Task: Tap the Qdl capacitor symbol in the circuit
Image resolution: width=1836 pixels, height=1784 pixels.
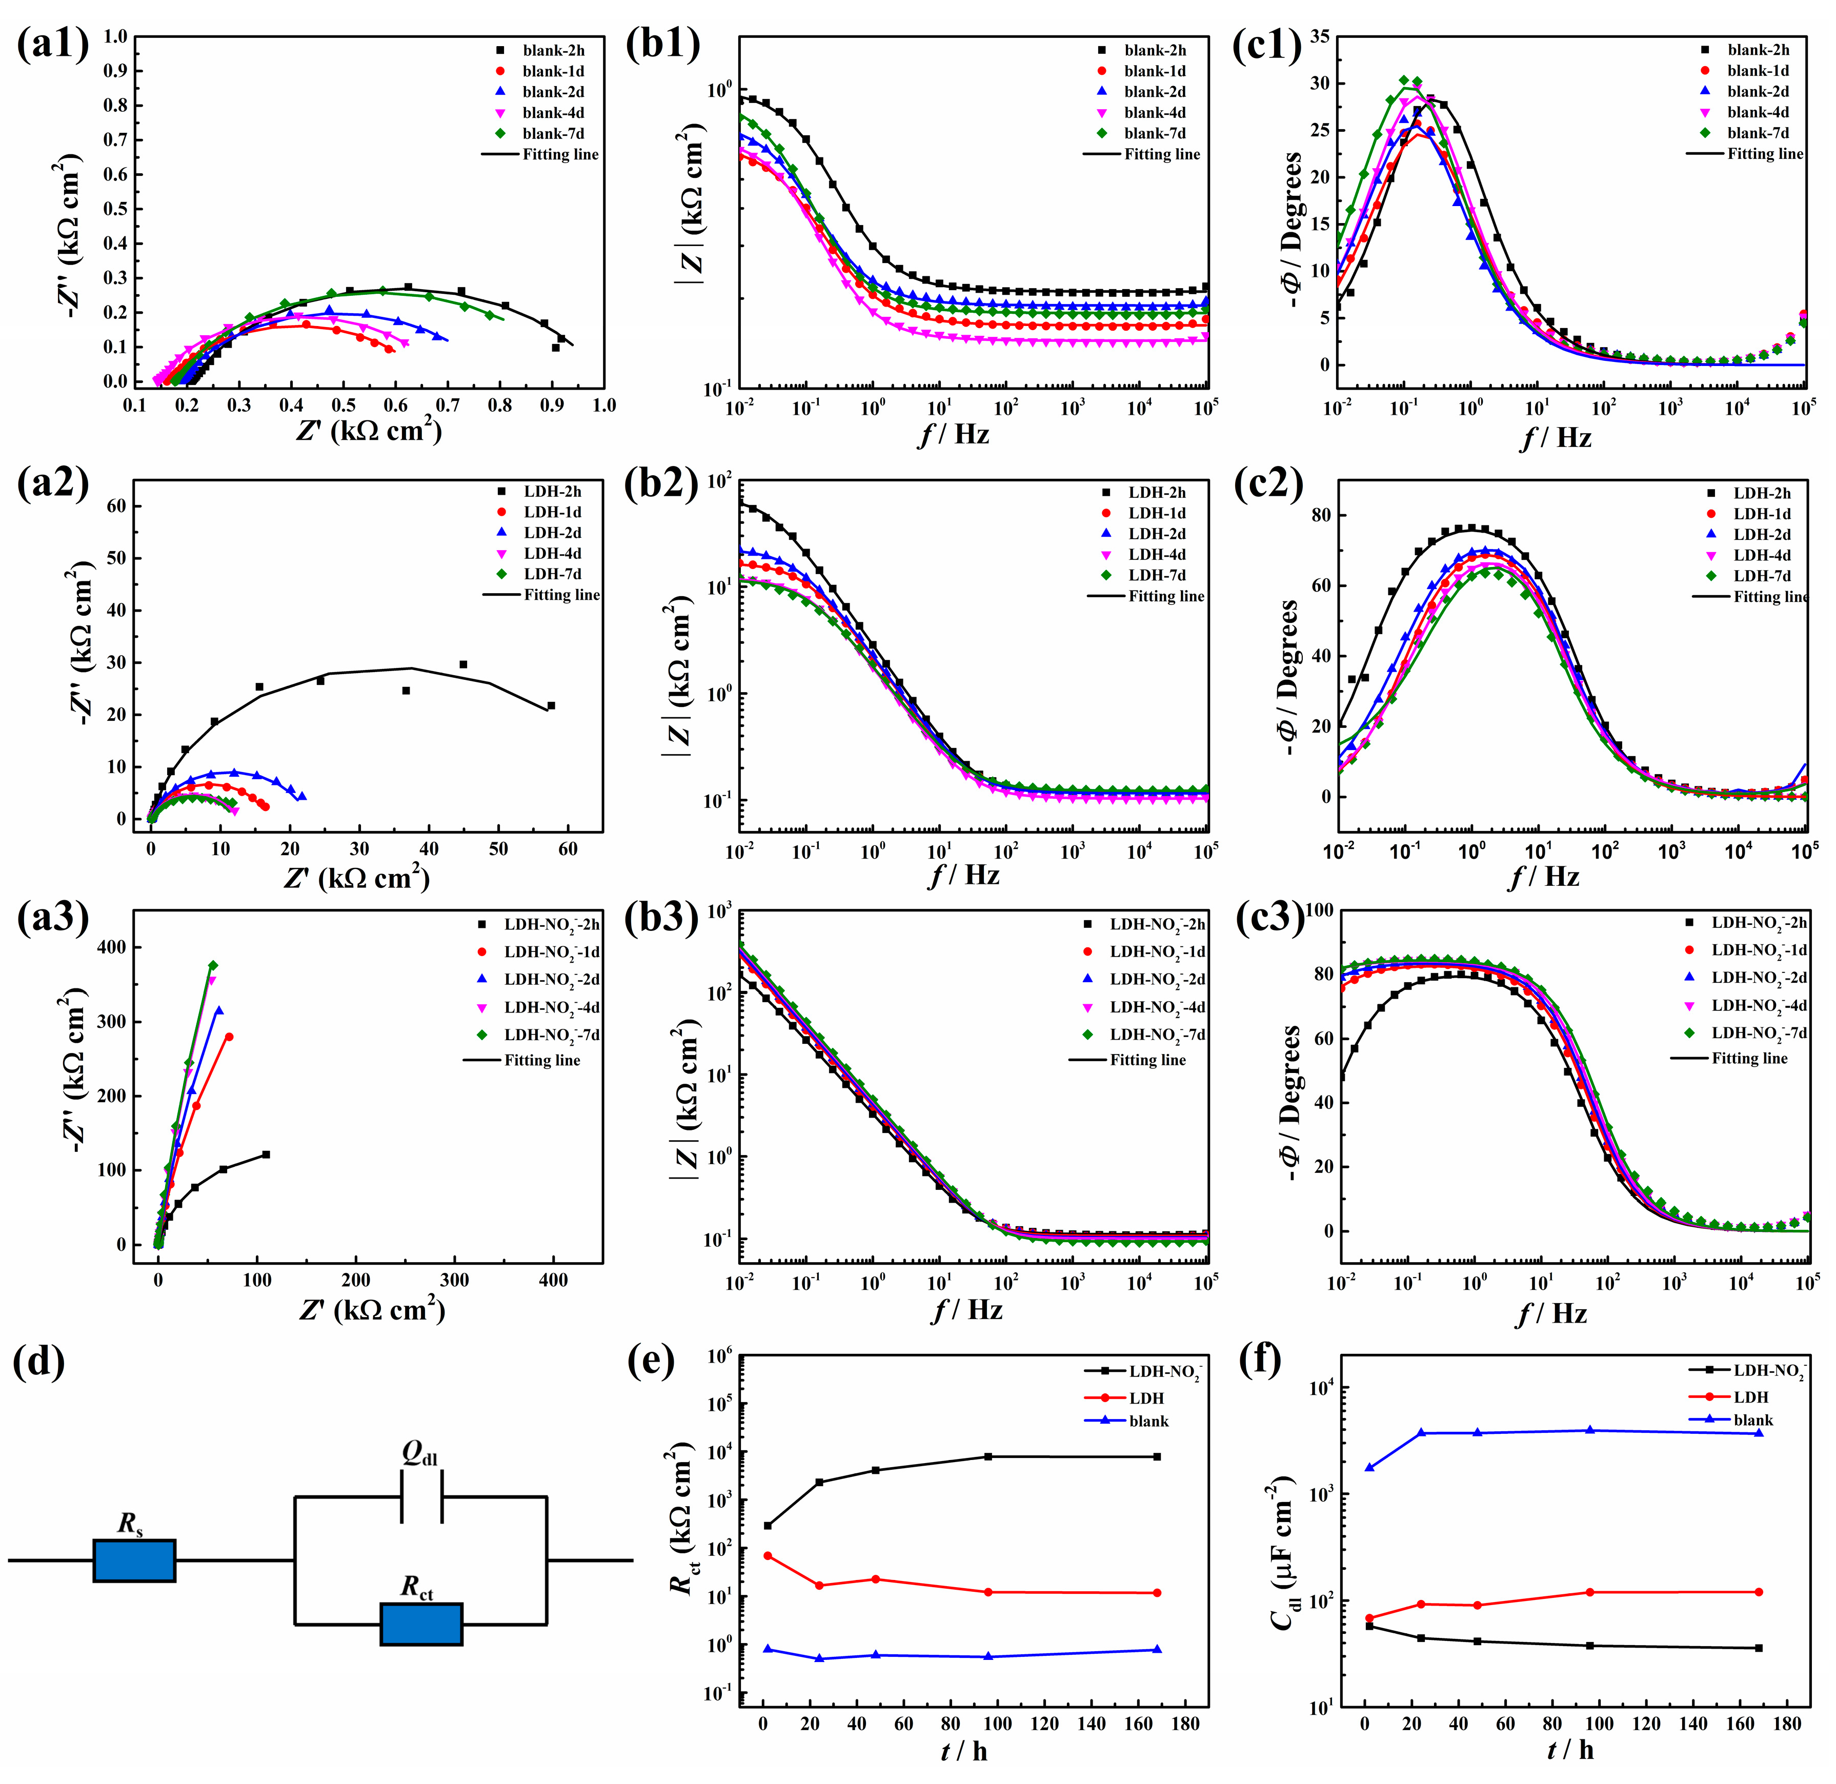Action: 421,1496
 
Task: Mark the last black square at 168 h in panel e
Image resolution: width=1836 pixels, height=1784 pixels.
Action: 1157,1457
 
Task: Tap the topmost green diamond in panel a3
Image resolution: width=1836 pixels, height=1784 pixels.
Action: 213,965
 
